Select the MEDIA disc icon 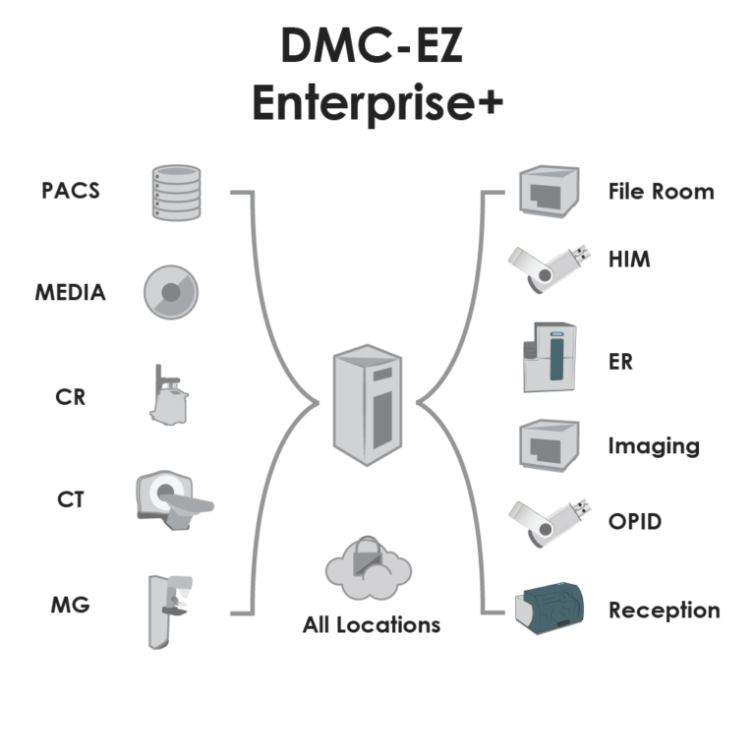(171, 293)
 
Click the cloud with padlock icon (368, 569)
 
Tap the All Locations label (372, 624)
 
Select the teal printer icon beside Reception (551, 610)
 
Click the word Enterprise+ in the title (378, 102)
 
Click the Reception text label (664, 610)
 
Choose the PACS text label (71, 190)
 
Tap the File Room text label (661, 191)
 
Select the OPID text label (634, 521)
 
